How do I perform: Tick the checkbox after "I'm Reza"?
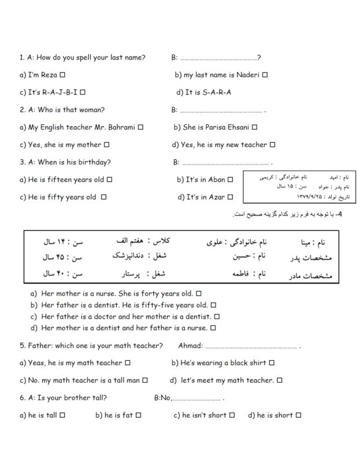62,75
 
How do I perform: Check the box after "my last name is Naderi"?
265,75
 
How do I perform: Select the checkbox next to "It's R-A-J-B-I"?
83,92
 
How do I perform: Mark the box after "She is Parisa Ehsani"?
254,128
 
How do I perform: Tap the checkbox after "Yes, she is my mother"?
107,145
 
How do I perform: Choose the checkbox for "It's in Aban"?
230,180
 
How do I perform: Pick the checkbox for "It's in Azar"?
230,198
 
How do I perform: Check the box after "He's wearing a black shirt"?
272,363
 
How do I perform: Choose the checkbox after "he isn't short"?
232,415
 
